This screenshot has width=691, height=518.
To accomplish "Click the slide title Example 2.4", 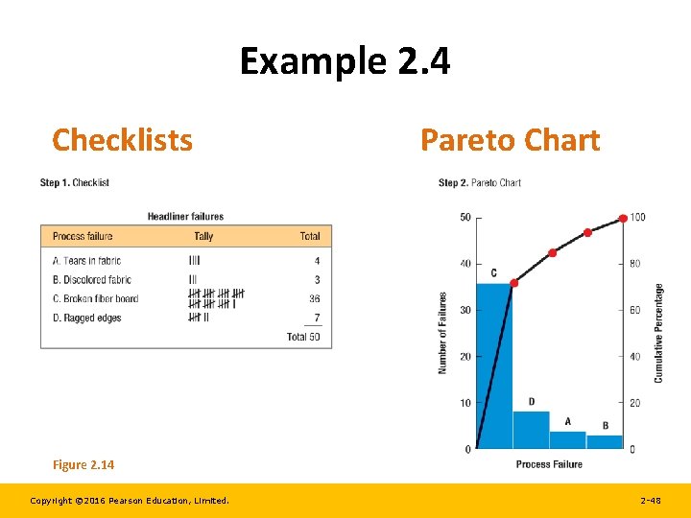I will (x=345, y=62).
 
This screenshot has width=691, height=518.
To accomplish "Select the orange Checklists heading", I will (x=122, y=140).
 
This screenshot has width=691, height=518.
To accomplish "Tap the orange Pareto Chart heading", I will (x=510, y=140).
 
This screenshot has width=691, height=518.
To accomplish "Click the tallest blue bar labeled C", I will (x=494, y=365).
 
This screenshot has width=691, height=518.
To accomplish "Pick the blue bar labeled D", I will (x=531, y=430).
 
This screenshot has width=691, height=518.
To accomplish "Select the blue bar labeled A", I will (x=567, y=439).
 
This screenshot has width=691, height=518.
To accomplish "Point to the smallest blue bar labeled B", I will (x=605, y=442).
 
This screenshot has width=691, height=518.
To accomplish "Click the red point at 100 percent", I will (x=623, y=218).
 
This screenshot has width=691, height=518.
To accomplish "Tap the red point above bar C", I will (x=513, y=283).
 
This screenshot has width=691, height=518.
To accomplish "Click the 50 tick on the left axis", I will (x=465, y=217).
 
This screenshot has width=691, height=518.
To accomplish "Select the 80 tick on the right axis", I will (x=635, y=264).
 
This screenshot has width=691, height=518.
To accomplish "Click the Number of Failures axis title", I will (x=443, y=333).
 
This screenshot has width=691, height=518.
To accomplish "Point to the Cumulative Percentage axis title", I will (x=658, y=333).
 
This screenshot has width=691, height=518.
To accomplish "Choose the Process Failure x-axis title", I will (x=549, y=464).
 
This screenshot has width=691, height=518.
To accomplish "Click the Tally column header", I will (x=203, y=236).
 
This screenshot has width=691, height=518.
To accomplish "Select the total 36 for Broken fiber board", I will (x=314, y=298).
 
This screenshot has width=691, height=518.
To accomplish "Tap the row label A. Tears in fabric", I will (x=86, y=261).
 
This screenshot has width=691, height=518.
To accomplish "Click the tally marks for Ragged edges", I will (x=199, y=318).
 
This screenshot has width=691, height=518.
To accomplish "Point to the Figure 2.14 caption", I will (x=83, y=465).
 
